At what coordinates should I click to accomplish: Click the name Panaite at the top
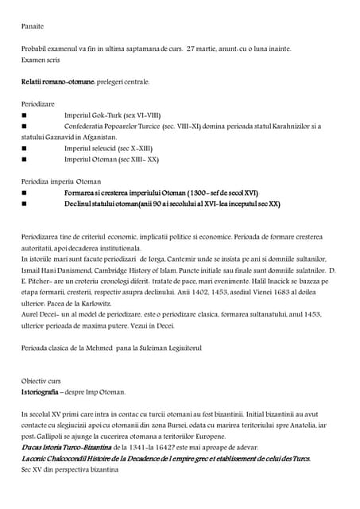(33, 26)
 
